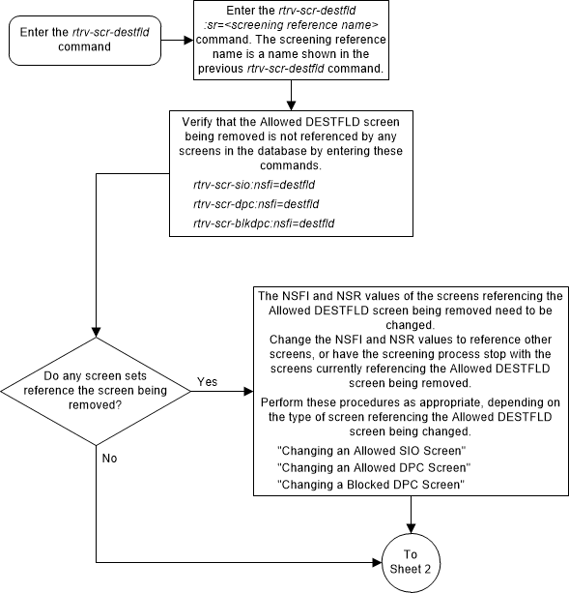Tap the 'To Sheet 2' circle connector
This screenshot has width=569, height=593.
tap(412, 561)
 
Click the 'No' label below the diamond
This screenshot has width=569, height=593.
tap(108, 456)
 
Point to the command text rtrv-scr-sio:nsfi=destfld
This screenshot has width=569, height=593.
tap(255, 182)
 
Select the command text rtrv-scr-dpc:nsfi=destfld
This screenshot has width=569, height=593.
tap(256, 203)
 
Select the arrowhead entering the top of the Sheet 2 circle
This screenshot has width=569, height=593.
tap(412, 530)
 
